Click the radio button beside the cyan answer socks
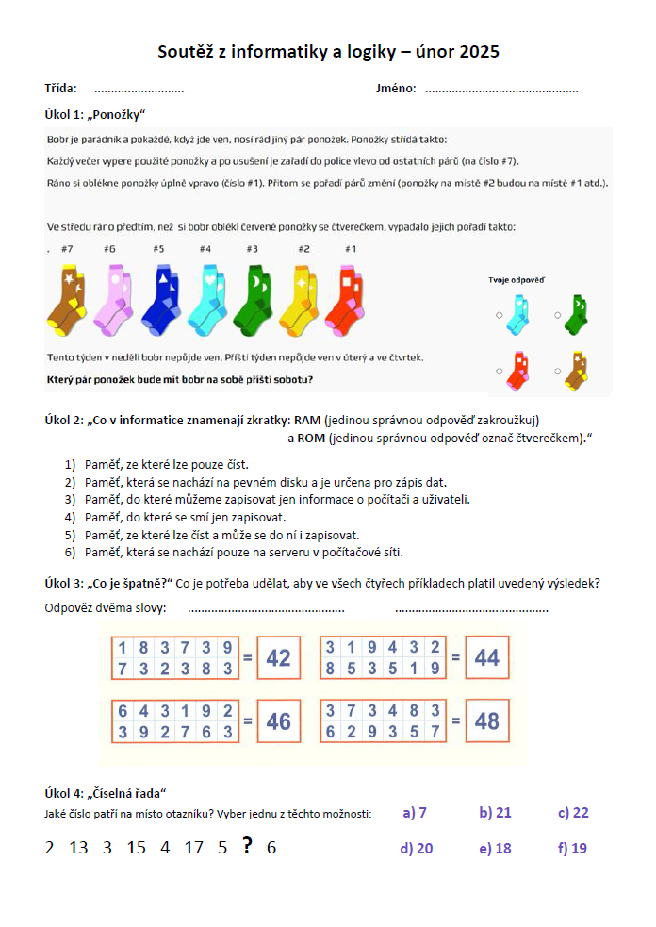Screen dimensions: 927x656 (499, 316)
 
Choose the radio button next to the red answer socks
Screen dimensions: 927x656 (499, 370)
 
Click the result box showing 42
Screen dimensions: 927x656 (278, 658)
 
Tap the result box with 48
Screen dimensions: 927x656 (486, 721)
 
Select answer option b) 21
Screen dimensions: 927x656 (495, 813)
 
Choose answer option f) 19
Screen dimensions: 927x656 (572, 848)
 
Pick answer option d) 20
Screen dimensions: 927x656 (416, 848)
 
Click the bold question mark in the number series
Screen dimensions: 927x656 (247, 846)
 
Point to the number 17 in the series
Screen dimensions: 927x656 (193, 848)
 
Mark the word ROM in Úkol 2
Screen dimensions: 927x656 (309, 439)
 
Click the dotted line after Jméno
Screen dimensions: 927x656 (500, 91)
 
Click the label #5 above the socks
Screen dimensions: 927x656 (158, 250)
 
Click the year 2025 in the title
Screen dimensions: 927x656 (479, 52)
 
